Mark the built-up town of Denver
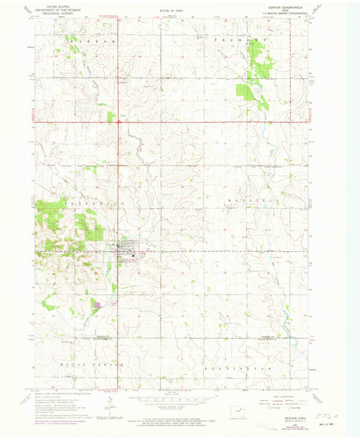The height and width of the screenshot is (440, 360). point(128,253)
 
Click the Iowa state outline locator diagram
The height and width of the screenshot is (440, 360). point(236,413)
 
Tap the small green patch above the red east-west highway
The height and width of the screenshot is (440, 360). point(111,116)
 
